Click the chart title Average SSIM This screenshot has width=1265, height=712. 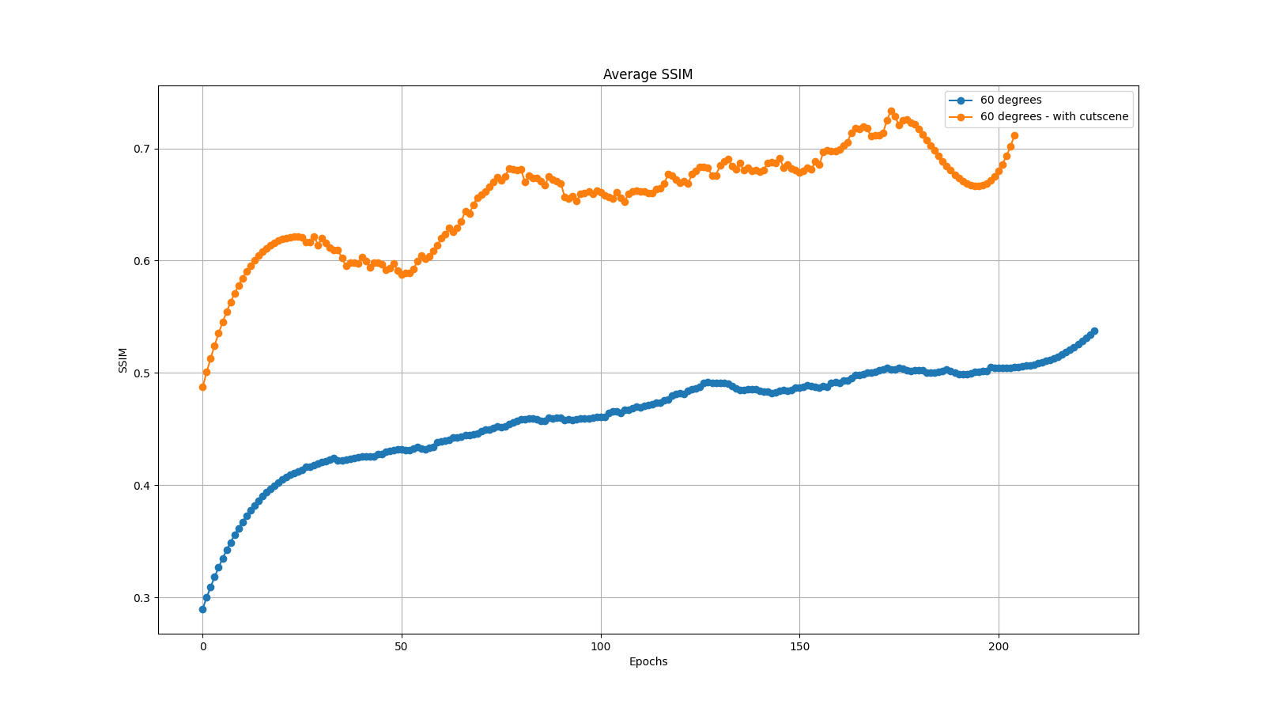648,74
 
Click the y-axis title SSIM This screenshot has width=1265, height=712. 123,360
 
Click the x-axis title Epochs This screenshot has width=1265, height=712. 648,661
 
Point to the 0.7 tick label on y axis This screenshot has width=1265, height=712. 142,149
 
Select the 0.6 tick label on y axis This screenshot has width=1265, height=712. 142,261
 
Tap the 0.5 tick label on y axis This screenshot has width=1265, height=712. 142,373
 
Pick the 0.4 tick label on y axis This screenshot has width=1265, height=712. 142,486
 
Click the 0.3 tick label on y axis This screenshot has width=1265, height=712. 142,598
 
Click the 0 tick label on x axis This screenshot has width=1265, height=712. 203,646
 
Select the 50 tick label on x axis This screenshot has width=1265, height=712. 402,646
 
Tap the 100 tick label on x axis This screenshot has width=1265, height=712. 601,646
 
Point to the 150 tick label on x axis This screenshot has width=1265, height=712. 799,646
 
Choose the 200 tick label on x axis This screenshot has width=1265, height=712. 999,646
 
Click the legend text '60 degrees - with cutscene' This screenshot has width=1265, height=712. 1054,117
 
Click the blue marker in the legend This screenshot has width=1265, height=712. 961,100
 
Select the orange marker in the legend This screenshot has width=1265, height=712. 961,117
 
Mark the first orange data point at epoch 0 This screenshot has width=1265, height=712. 202,387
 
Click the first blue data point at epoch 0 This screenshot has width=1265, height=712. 202,609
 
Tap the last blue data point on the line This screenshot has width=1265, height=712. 1094,331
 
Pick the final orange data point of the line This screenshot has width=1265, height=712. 1014,135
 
